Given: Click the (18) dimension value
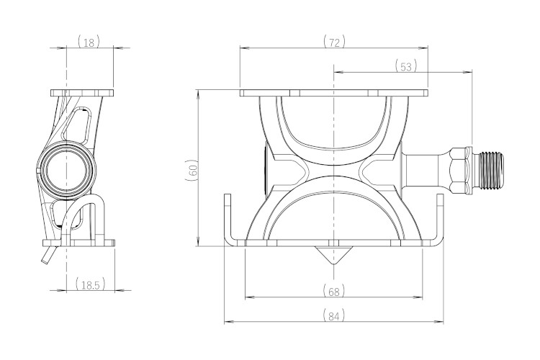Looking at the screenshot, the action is pos(89,42).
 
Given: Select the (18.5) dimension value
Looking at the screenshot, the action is pos(90,284).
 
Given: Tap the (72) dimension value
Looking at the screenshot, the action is pos(334,42).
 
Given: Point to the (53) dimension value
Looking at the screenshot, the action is pos(406,66).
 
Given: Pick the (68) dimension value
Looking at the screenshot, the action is pos(334,292).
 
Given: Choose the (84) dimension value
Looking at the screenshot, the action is pos(334,316).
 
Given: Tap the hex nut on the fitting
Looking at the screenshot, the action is pos(461,169).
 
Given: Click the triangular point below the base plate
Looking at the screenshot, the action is pos(333,256).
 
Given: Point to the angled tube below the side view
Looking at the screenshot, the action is pos(48,255).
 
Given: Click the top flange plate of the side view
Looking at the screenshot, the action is pos(82,93).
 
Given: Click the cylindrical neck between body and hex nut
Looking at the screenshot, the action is pos(426,170).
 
